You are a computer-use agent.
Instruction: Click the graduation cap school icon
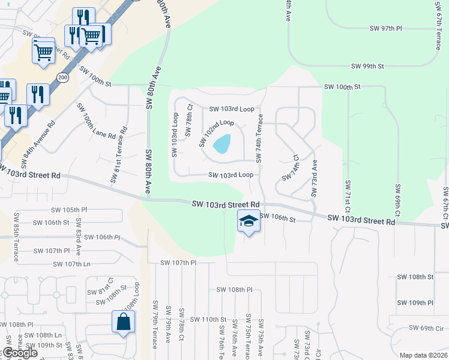(x=249, y=221)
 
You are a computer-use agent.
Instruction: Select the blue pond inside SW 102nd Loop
(x=221, y=144)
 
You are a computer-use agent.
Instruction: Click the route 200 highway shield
(x=62, y=77)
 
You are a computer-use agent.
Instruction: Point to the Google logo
(x=19, y=353)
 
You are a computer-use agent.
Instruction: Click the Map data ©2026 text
(x=423, y=355)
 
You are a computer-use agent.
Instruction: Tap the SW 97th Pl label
(x=385, y=29)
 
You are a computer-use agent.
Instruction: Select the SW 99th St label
(x=367, y=66)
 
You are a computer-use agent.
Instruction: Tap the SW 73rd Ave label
(x=313, y=178)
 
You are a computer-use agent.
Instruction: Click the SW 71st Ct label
(x=347, y=196)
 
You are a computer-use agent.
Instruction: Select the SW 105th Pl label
(x=69, y=210)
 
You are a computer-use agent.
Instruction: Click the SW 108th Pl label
(x=235, y=290)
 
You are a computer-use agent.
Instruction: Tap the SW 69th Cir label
(x=426, y=328)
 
